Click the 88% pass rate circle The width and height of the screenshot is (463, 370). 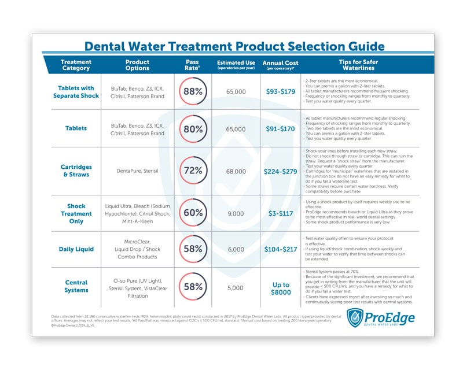193,91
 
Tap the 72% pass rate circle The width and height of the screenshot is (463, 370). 193,171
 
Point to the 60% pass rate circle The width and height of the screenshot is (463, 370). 193,212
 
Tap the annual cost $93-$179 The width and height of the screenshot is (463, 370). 280,91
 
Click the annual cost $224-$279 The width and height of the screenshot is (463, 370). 280,171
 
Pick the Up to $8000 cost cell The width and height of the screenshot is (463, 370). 280,287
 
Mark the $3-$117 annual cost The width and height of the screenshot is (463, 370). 280,212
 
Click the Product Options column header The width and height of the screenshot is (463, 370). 137,65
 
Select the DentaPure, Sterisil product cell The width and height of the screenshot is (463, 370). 137,171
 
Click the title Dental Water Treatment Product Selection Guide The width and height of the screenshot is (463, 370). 234,46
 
